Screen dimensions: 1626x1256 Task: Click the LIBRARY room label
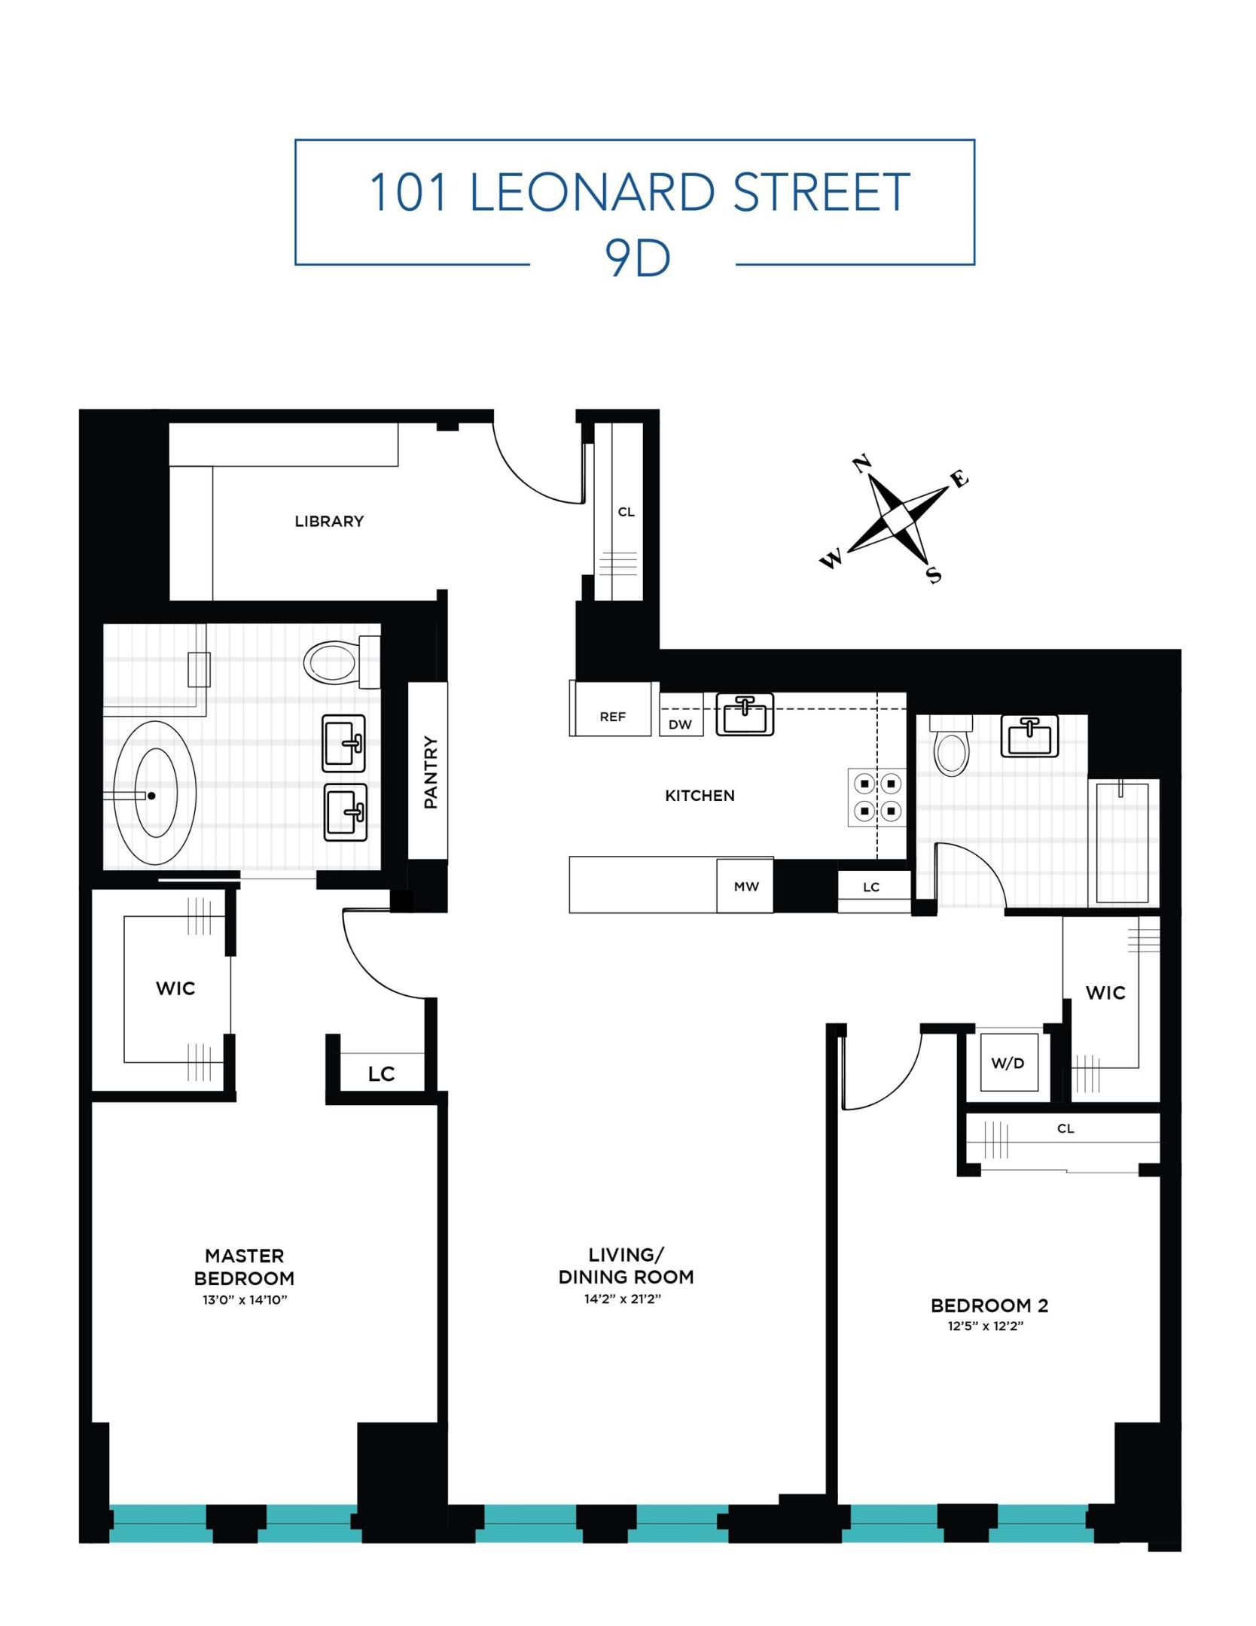(x=329, y=521)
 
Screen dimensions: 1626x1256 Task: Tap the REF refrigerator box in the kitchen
(x=611, y=716)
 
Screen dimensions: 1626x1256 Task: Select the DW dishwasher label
(x=680, y=724)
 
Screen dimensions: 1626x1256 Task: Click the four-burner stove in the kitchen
(x=877, y=796)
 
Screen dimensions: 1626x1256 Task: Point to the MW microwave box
(x=745, y=886)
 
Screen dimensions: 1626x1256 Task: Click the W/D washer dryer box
(x=1008, y=1063)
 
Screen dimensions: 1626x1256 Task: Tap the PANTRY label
(x=430, y=772)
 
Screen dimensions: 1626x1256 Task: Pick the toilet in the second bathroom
(x=950, y=750)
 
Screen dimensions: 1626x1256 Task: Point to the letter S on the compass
(x=933, y=575)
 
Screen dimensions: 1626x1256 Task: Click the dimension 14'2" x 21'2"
(x=622, y=1299)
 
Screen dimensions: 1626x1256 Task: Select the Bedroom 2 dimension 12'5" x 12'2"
(x=985, y=1326)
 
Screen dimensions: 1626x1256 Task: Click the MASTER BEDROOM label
(x=243, y=1266)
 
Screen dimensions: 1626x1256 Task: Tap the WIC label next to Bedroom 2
(x=1105, y=992)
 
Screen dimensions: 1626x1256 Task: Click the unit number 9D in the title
(x=637, y=259)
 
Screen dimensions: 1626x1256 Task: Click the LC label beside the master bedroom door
(x=381, y=1074)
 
